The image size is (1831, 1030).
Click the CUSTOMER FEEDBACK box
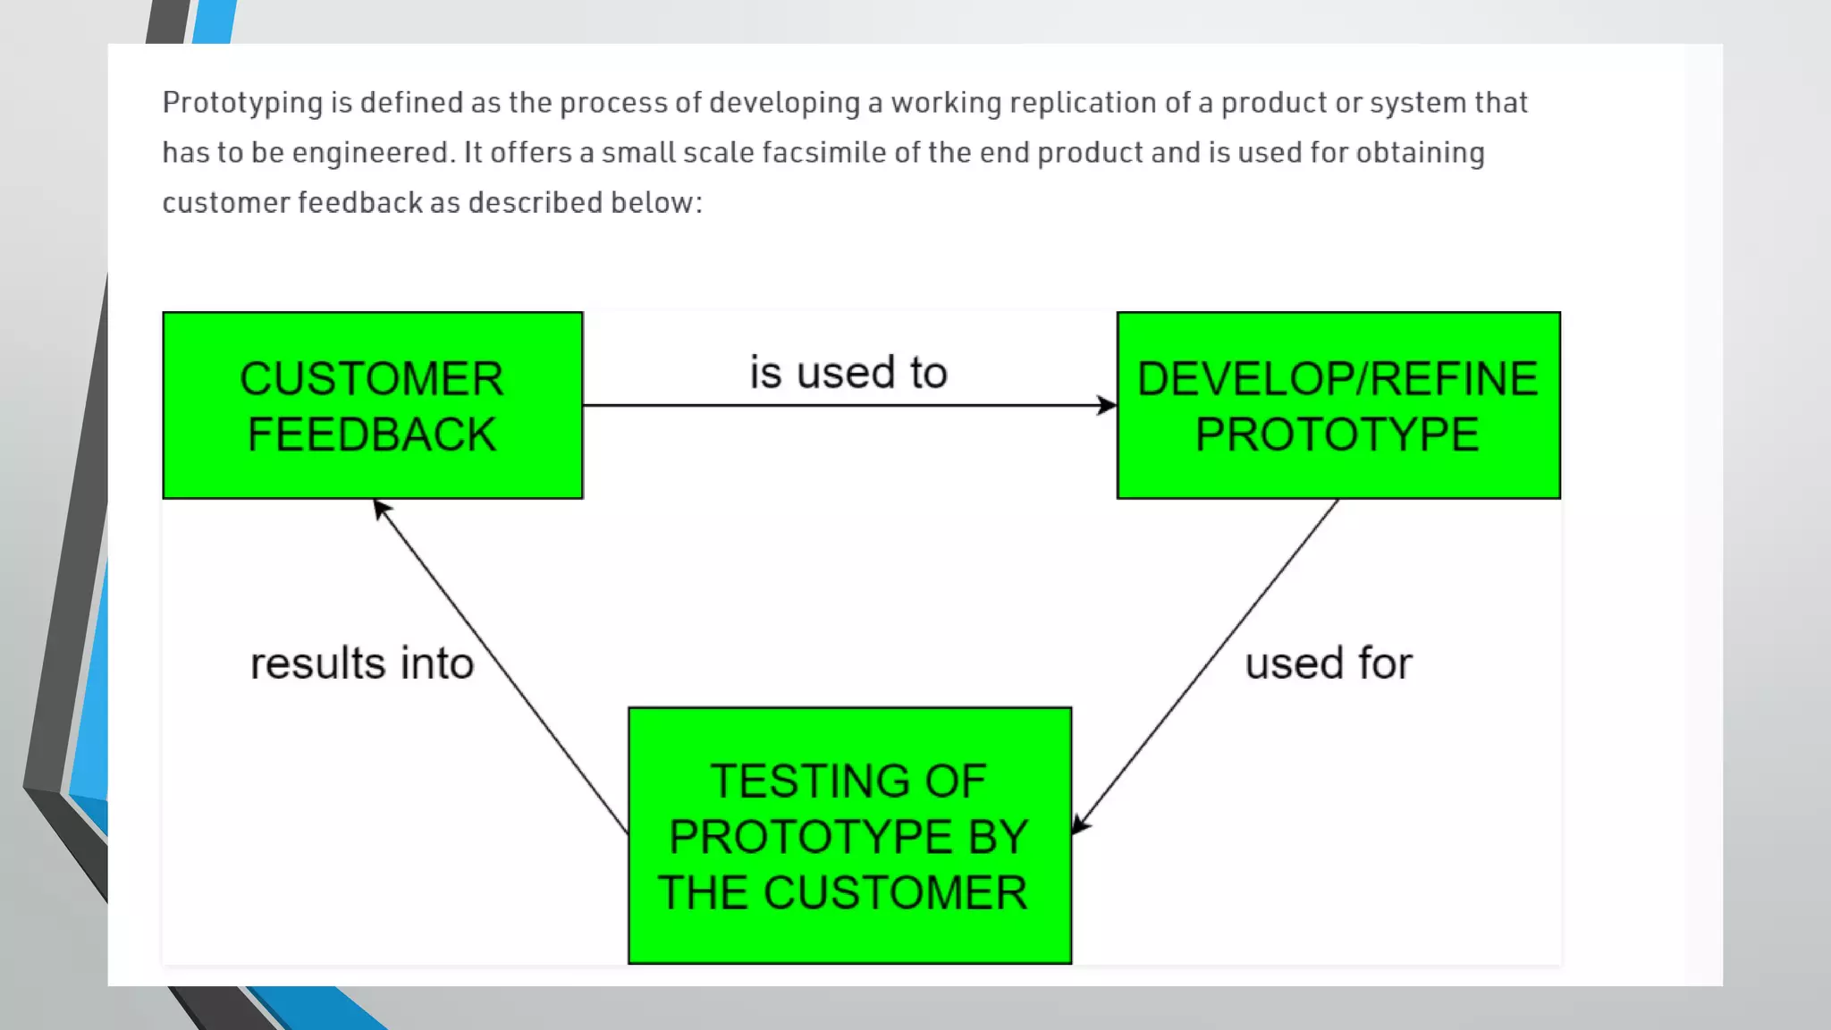tap(372, 405)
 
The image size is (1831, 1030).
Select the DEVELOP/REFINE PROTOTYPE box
tap(1337, 405)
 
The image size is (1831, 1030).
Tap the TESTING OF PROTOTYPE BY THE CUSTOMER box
tap(849, 835)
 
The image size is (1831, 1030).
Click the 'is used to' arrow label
tap(848, 372)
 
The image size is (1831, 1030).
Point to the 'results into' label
tap(361, 663)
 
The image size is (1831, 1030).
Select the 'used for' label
tap(1329, 663)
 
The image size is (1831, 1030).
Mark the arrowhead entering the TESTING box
tap(1080, 823)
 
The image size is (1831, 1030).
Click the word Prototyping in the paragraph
tap(241, 103)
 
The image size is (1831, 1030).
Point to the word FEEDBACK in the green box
tap(372, 435)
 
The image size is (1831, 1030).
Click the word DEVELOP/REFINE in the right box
tap(1337, 379)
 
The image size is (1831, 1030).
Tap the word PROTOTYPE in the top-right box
tap(1337, 435)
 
